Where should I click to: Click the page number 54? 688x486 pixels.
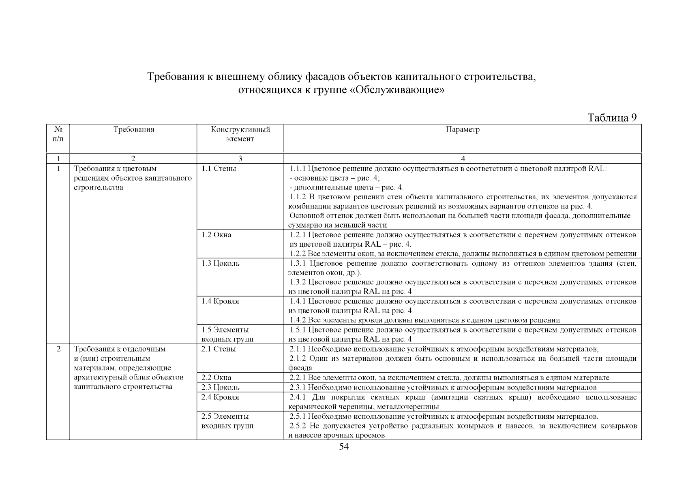click(344, 447)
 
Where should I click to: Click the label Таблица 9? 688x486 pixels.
click(612, 118)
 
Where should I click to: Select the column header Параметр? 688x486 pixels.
click(463, 130)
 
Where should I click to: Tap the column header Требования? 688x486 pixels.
click(134, 130)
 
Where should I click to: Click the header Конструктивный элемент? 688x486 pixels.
click(240, 134)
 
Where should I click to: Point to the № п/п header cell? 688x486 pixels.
click(58, 134)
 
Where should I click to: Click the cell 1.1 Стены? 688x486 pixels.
click(219, 169)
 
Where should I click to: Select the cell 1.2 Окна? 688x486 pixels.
click(216, 235)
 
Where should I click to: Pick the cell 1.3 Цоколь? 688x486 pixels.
click(221, 264)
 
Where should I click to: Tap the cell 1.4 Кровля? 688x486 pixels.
click(220, 301)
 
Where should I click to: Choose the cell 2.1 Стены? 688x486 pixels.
click(219, 349)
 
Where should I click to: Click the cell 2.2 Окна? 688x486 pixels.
click(216, 378)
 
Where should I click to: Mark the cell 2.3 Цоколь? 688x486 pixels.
click(221, 388)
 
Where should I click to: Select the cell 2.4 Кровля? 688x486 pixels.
click(220, 397)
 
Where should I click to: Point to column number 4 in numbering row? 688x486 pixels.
click(463, 159)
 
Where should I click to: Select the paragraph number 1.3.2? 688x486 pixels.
click(298, 282)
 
